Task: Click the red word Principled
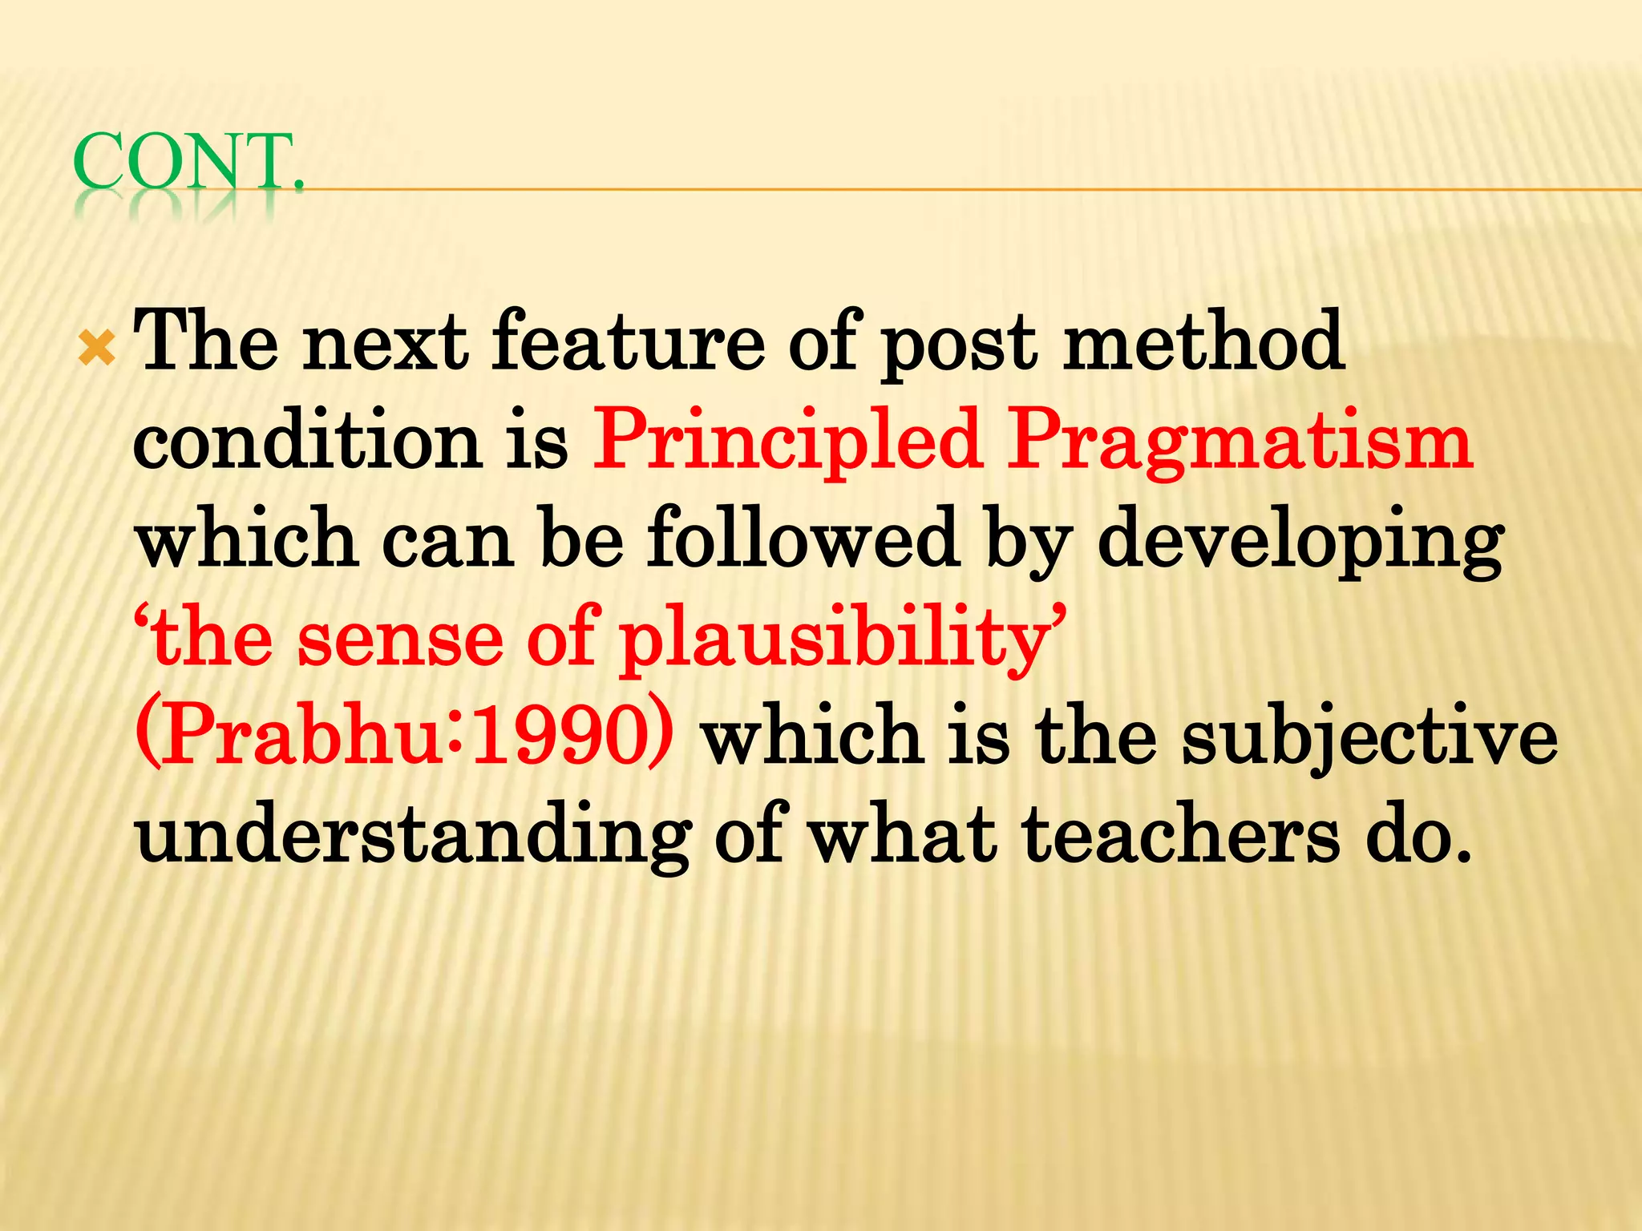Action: click(x=787, y=443)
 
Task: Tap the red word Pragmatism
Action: click(x=1239, y=443)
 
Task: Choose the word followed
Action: click(x=803, y=539)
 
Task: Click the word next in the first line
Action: click(x=385, y=343)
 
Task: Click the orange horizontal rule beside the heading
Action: click(x=962, y=190)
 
